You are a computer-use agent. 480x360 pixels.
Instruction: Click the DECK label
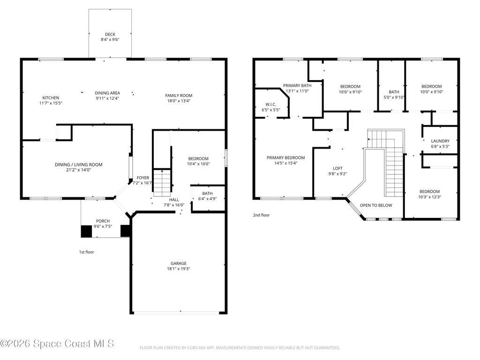pyautogui.click(x=110, y=34)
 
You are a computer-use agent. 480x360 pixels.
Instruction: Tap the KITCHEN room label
pyautogui.click(x=51, y=97)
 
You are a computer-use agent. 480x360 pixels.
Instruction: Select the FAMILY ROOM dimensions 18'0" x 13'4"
pyautogui.click(x=179, y=101)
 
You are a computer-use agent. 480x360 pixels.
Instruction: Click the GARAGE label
pyautogui.click(x=179, y=263)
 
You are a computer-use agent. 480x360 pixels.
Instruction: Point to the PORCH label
pyautogui.click(x=103, y=221)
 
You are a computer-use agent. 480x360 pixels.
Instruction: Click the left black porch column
pyautogui.click(x=86, y=231)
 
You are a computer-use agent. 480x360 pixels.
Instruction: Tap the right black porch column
pyautogui.click(x=126, y=231)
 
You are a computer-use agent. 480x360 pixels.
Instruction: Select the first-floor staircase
pyautogui.click(x=162, y=183)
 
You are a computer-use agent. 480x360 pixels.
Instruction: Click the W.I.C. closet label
pyautogui.click(x=270, y=105)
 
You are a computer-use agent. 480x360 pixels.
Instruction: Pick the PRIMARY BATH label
pyautogui.click(x=297, y=86)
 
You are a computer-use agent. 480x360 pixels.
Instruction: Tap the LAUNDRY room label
pyautogui.click(x=440, y=141)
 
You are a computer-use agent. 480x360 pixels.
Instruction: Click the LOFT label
pyautogui.click(x=337, y=168)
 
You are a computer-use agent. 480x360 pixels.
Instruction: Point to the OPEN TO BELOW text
pyautogui.click(x=376, y=205)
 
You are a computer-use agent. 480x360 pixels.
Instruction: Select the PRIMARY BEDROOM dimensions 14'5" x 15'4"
pyautogui.click(x=285, y=163)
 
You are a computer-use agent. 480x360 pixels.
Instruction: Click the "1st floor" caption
pyautogui.click(x=87, y=252)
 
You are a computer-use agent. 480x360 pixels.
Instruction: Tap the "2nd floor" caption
pyautogui.click(x=261, y=215)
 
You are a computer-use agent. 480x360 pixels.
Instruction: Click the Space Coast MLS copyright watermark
pyautogui.click(x=57, y=344)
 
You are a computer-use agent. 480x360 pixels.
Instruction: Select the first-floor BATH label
pyautogui.click(x=207, y=194)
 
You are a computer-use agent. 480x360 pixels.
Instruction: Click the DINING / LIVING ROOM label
pyautogui.click(x=79, y=165)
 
